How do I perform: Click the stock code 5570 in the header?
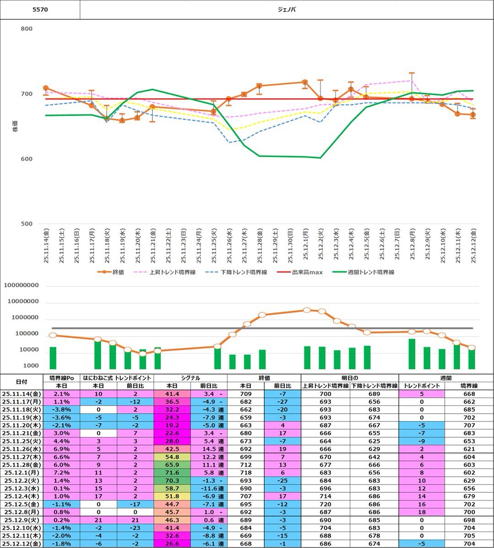coord(40,9)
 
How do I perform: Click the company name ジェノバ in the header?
coord(287,9)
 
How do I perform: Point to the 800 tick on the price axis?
coord(27,29)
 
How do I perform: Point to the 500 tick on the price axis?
coord(27,224)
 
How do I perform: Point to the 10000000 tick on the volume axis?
coord(27,302)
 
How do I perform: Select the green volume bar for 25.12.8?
coord(412,354)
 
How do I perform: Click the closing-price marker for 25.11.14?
coord(46,88)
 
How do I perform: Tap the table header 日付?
coord(21,382)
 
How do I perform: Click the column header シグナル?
coord(190,378)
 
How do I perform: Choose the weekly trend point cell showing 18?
coord(422,513)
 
